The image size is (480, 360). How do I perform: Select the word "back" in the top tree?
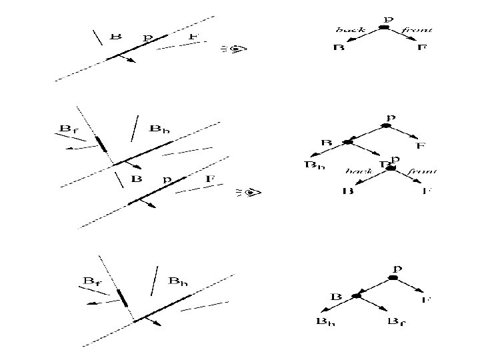pyautogui.click(x=349, y=30)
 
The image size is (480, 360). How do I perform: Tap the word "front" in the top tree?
pyautogui.click(x=418, y=30)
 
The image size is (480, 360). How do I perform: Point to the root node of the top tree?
pyautogui.click(x=384, y=28)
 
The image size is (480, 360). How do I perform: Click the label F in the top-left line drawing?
pyautogui.click(x=193, y=36)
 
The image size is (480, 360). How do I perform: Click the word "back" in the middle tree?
pyautogui.click(x=358, y=171)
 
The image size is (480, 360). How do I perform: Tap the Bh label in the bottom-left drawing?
pyautogui.click(x=179, y=281)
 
